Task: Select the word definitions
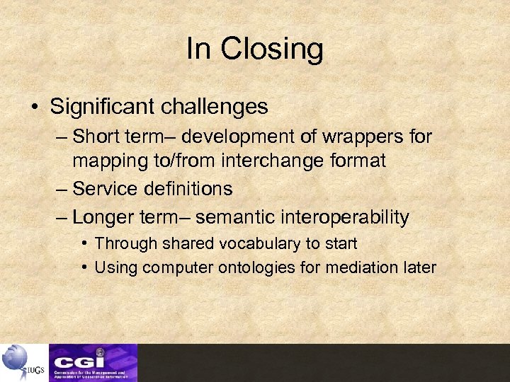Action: [x=189, y=189]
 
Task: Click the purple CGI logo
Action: [x=93, y=362]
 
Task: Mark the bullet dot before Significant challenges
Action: [x=34, y=108]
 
